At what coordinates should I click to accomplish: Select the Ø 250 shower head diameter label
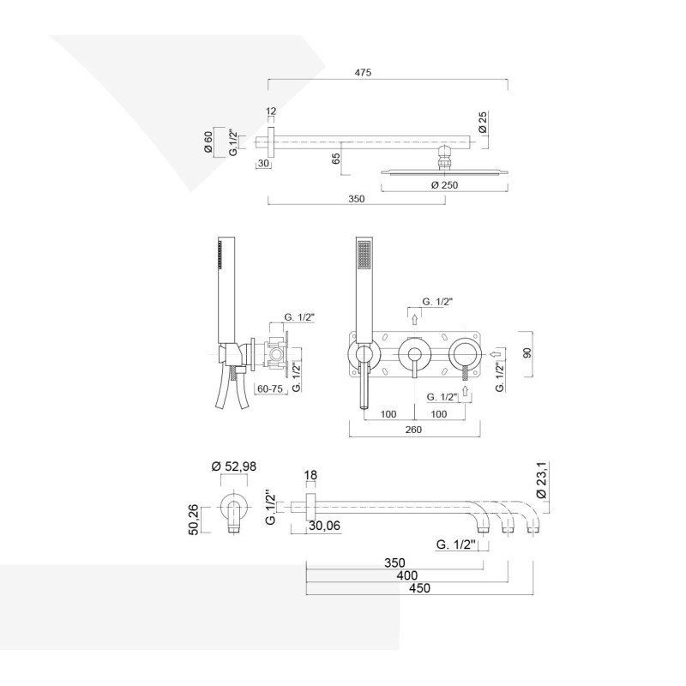click(x=444, y=185)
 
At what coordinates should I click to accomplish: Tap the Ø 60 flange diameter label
click(x=208, y=141)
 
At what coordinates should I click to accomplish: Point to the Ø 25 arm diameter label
click(x=483, y=122)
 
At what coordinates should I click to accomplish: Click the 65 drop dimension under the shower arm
click(x=336, y=158)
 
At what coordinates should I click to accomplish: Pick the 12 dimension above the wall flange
click(x=272, y=112)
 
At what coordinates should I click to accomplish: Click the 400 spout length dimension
click(x=394, y=575)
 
